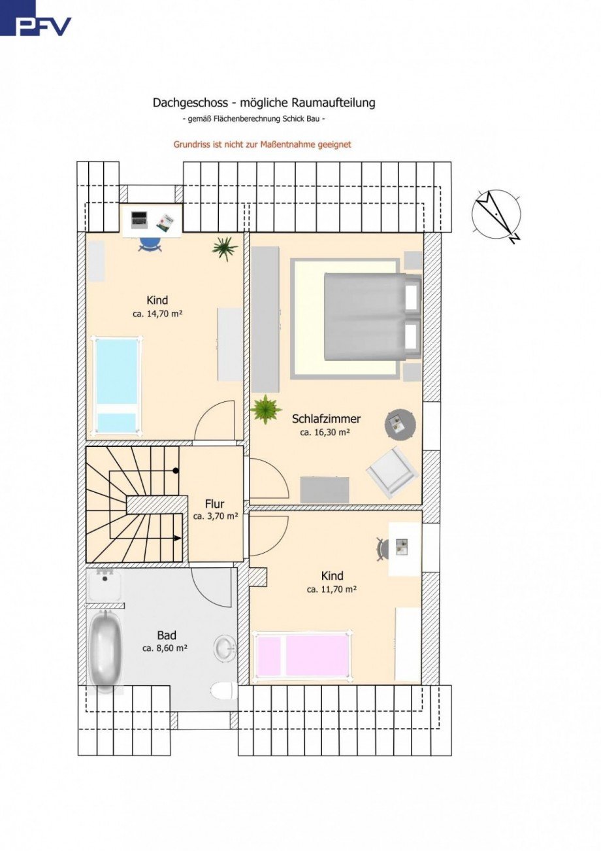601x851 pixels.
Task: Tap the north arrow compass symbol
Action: pos(496,214)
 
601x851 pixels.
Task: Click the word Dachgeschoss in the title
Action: pos(190,103)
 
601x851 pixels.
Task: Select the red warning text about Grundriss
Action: pos(263,144)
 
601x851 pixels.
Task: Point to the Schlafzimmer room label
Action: pos(326,419)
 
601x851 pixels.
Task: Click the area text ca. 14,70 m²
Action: pos(158,314)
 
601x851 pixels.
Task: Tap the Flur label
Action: pos(214,504)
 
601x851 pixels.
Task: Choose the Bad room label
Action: pos(167,635)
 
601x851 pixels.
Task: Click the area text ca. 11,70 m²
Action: pos(331,590)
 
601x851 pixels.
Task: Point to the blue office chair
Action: pos(150,244)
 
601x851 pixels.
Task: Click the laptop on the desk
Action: pos(139,220)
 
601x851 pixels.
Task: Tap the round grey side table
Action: pos(400,424)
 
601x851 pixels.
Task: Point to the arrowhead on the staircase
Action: pos(177,538)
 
